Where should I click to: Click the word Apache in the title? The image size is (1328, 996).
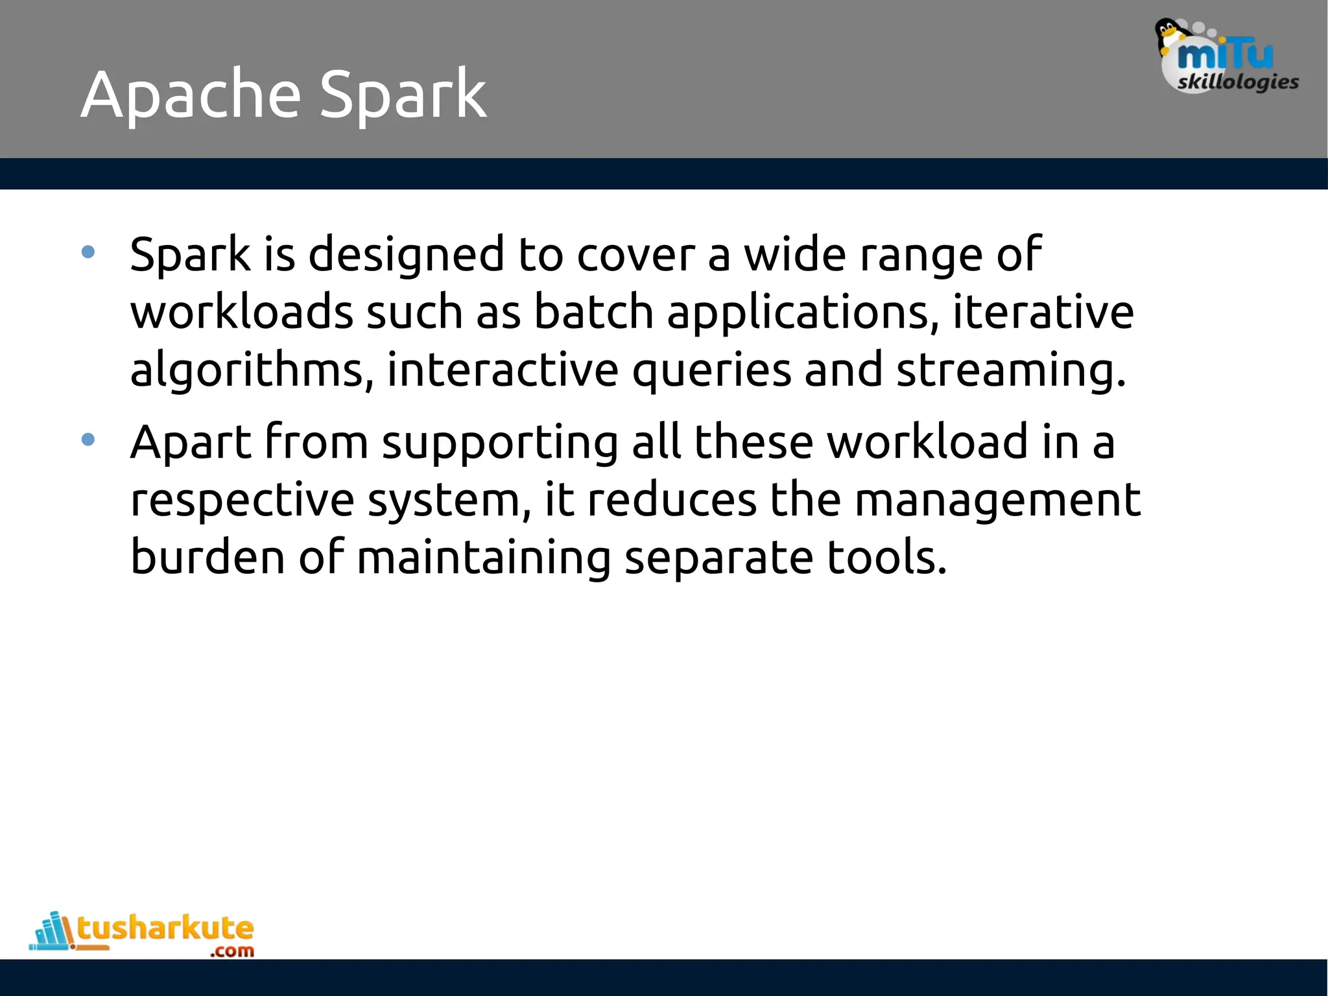click(191, 96)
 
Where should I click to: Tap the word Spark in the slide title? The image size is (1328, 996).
click(403, 96)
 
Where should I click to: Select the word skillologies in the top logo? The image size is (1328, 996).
click(1238, 82)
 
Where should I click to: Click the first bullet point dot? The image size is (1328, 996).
click(88, 252)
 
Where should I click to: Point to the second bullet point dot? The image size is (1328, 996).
click(88, 440)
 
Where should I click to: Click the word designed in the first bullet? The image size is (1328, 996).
click(406, 254)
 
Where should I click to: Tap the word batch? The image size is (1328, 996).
click(593, 312)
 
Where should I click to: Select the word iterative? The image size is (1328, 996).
click(1043, 312)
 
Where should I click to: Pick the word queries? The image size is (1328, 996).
click(711, 370)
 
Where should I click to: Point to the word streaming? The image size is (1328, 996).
click(1010, 370)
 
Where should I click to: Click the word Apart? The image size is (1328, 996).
click(191, 443)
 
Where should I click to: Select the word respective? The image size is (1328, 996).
click(243, 500)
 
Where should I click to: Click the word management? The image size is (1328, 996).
click(997, 500)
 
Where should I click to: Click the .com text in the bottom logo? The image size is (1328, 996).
click(232, 951)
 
